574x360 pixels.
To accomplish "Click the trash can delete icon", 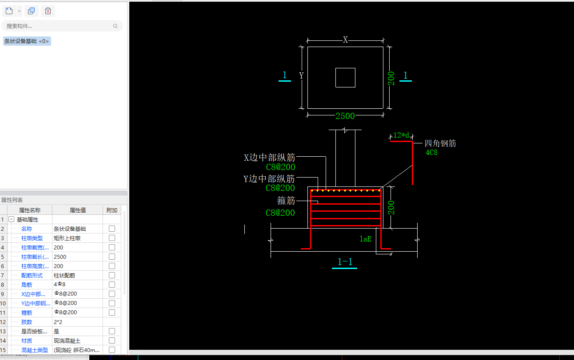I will tap(48, 11).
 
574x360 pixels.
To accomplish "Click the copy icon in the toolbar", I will tap(31, 11).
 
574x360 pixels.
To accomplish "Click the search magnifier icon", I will tap(116, 26).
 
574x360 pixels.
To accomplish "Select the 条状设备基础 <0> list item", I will tap(27, 41).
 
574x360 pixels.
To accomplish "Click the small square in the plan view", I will tap(345, 78).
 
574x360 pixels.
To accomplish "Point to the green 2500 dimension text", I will tap(345, 116).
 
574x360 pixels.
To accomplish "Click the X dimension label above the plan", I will tap(345, 40).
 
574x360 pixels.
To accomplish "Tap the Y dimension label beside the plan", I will tap(301, 76).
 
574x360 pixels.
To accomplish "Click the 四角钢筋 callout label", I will tap(440, 143).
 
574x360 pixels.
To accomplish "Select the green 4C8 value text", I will tap(431, 153).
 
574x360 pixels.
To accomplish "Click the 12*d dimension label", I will tap(401, 135).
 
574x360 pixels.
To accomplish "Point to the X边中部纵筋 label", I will tap(269, 158).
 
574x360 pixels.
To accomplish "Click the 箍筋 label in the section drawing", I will tap(286, 201).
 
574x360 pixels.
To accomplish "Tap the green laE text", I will tap(365, 239).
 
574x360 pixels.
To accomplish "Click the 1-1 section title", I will tap(345, 262).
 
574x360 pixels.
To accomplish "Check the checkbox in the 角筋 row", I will tap(112, 285).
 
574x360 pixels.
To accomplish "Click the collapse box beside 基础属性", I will tap(12, 219).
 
